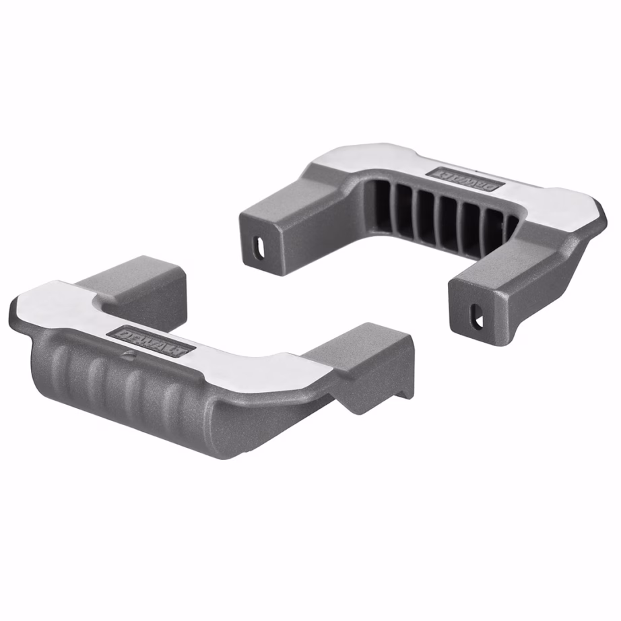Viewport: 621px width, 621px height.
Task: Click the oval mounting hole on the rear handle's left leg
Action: [260, 248]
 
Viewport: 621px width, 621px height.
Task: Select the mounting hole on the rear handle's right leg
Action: [477, 316]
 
